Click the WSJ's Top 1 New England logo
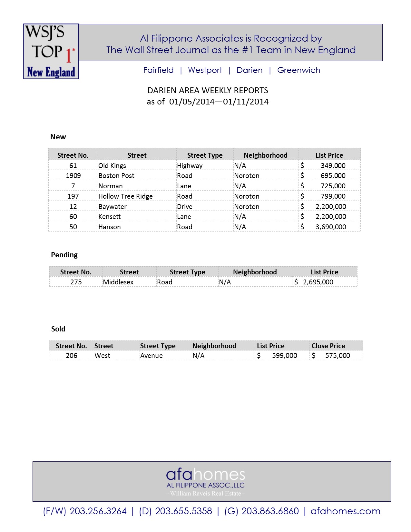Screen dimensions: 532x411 point(51,51)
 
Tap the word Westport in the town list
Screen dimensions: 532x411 point(205,70)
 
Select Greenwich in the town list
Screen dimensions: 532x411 point(298,70)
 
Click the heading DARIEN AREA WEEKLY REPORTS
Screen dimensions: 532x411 point(208,90)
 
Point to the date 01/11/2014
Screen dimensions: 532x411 point(246,102)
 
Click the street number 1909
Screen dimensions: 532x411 point(73,176)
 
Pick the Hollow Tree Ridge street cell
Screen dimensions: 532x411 point(125,196)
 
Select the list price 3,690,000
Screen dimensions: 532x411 point(331,227)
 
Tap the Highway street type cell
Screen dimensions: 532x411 point(190,166)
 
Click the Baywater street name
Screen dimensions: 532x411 point(113,207)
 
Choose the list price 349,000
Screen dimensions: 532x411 point(333,166)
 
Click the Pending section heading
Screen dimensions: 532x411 point(64,255)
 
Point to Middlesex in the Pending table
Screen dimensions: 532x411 point(118,282)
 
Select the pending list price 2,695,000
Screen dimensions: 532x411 point(318,282)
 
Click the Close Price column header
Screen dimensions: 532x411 point(328,346)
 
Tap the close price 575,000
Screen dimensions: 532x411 point(338,356)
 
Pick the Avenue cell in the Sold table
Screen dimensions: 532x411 point(151,356)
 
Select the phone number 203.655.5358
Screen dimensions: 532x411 point(183,511)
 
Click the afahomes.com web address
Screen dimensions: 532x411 point(345,511)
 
